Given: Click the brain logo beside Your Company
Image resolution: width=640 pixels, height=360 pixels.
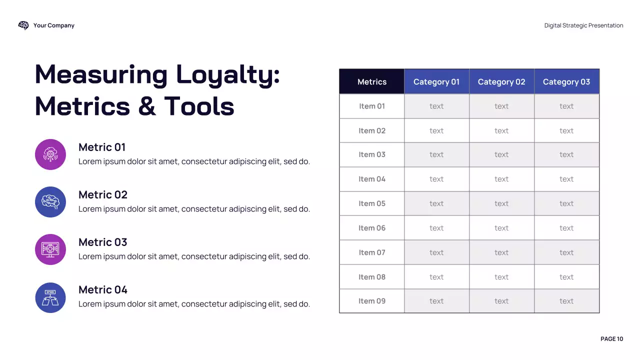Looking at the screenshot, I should click(x=23, y=25).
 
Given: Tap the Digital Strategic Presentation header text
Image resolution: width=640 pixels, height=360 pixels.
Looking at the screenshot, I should click(x=583, y=25).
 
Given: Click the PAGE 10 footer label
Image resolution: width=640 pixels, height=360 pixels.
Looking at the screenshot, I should click(x=611, y=339).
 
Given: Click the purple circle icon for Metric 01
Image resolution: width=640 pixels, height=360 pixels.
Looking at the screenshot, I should click(x=50, y=154).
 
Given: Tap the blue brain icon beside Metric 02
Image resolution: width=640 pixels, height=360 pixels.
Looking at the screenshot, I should click(x=50, y=202).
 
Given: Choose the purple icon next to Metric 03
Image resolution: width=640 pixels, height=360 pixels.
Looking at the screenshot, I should click(x=50, y=249).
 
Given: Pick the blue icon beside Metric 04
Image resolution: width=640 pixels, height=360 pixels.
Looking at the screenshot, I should click(x=50, y=297).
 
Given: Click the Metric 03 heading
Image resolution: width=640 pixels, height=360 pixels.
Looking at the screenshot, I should click(x=103, y=242).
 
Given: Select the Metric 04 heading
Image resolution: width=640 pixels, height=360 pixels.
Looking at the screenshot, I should click(x=103, y=290).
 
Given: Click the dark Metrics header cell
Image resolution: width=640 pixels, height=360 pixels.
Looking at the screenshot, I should click(x=372, y=82).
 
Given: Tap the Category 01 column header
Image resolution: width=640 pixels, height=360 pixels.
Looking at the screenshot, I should click(x=436, y=82).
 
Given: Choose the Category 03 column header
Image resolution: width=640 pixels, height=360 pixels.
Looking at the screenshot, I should click(x=566, y=82).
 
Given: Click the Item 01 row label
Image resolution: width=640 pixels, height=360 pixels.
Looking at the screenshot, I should click(x=372, y=106).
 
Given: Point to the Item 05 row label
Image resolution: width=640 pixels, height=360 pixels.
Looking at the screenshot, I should click(x=372, y=203).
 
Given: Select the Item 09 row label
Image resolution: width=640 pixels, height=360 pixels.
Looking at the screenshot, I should click(x=372, y=301).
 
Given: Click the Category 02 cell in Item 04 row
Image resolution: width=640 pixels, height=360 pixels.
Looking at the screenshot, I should click(x=501, y=179).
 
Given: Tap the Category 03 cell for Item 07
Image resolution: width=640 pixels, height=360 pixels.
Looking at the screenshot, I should click(x=566, y=252).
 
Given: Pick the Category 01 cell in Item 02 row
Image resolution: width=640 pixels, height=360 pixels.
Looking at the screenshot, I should click(x=436, y=130).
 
